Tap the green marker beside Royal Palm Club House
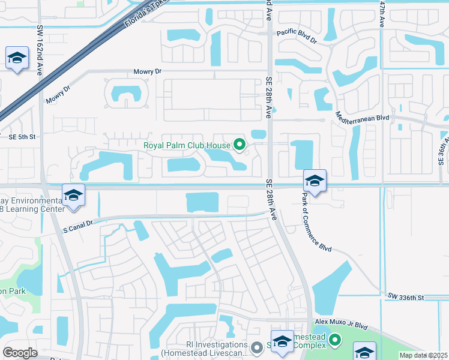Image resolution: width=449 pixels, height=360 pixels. [240, 145]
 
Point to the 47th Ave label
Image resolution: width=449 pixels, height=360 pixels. [382, 13]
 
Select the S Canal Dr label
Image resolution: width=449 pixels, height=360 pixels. [78, 224]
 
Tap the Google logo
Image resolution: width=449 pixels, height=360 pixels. [20, 353]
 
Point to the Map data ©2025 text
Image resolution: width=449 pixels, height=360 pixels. [424, 355]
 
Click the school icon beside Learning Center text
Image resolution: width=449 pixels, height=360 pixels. [73, 196]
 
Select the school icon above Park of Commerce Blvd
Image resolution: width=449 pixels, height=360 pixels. [315, 179]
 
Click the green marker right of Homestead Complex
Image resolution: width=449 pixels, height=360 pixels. [334, 341]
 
